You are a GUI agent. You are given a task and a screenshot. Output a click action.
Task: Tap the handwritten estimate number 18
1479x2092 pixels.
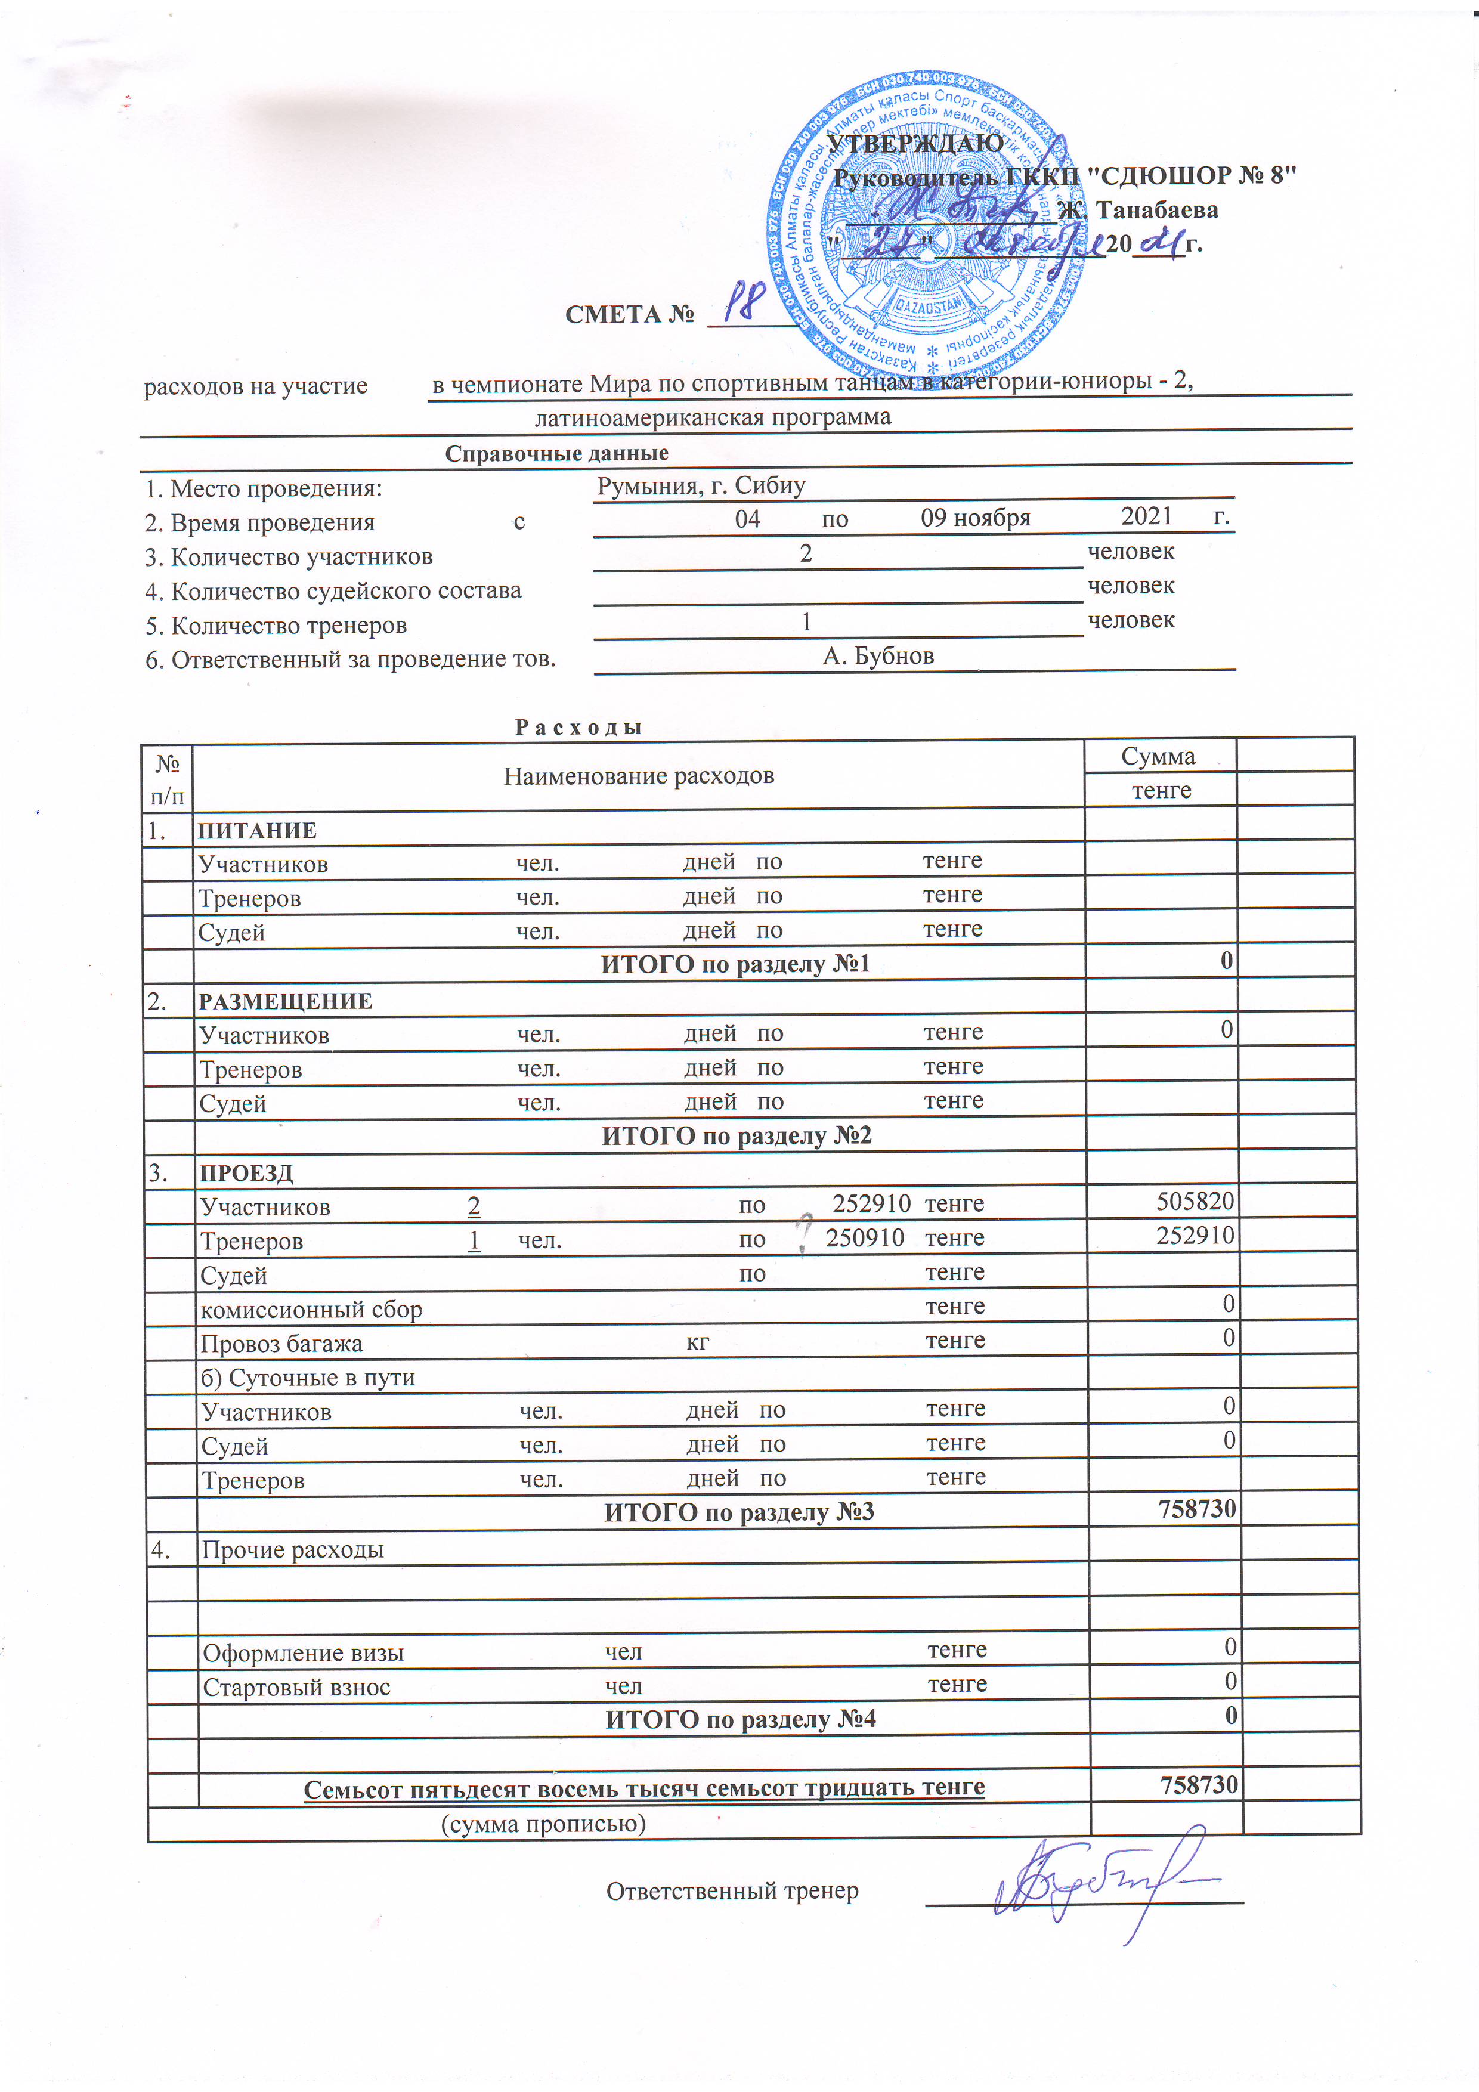pyautogui.click(x=748, y=302)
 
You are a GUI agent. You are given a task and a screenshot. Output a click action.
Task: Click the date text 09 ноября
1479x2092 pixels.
pyautogui.click(x=975, y=518)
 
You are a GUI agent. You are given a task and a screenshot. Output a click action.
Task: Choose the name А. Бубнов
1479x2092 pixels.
pyautogui.click(x=877, y=656)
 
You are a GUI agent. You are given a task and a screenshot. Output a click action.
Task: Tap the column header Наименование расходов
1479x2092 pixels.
pyautogui.click(x=639, y=776)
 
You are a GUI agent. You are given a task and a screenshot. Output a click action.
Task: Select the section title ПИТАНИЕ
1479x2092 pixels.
pyautogui.click(x=258, y=830)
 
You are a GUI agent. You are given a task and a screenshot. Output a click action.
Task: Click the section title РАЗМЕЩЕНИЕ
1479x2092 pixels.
pyautogui.click(x=286, y=1001)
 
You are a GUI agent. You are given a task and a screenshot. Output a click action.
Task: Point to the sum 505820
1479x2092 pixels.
pyautogui.click(x=1195, y=1201)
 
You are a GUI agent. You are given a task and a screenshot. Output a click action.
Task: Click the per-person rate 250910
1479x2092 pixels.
pyautogui.click(x=865, y=1237)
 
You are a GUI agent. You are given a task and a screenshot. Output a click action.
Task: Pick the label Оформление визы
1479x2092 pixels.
pyautogui.click(x=302, y=1653)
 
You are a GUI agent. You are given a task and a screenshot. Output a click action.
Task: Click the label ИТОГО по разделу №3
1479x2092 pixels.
pyautogui.click(x=739, y=1512)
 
